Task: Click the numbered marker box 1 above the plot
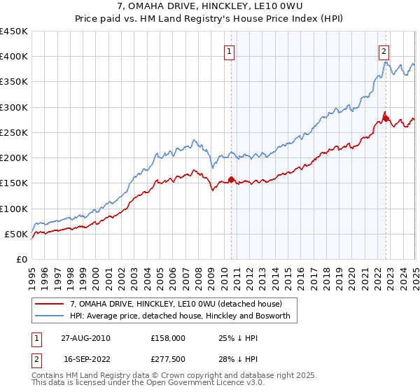[x=230, y=50]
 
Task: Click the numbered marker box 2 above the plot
[x=384, y=50]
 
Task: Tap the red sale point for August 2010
[x=232, y=179]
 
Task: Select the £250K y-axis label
[x=13, y=132]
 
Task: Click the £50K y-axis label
[x=16, y=234]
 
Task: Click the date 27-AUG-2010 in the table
[x=85, y=337]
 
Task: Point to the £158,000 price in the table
[x=167, y=337]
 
